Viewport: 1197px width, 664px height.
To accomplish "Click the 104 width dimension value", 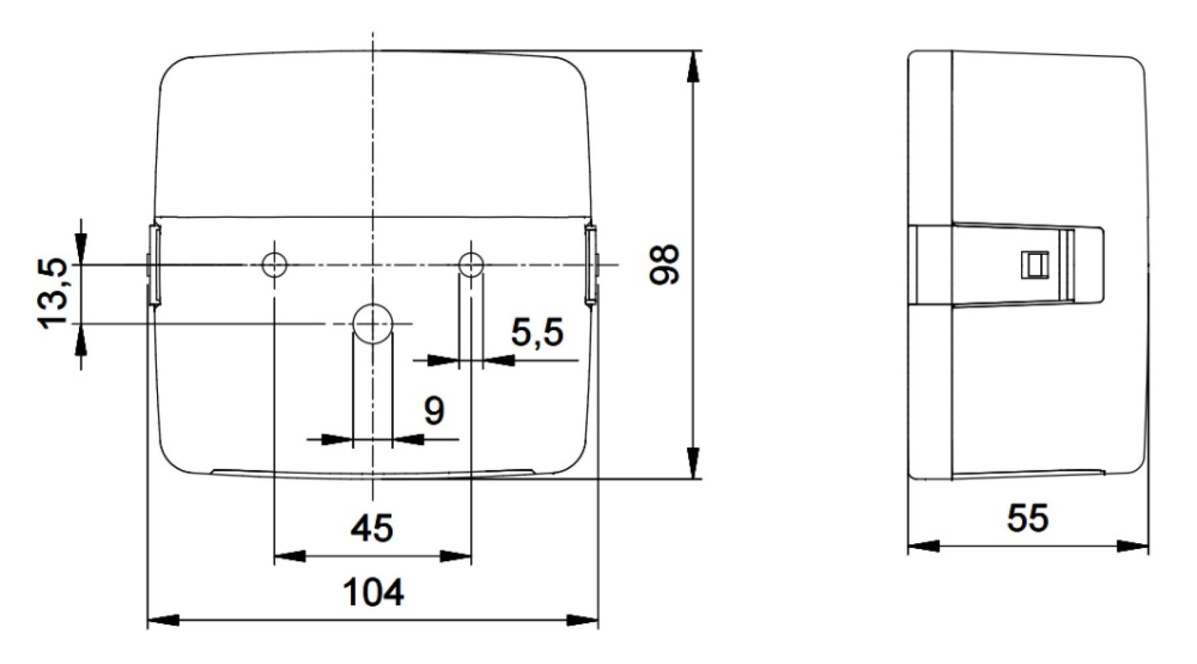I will (x=373, y=592).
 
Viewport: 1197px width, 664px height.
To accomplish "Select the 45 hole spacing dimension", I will (x=372, y=529).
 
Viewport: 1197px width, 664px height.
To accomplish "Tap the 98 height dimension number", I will (x=665, y=264).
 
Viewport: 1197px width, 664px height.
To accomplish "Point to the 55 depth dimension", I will (x=1028, y=517).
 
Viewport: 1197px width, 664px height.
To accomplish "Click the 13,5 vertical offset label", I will (x=52, y=293).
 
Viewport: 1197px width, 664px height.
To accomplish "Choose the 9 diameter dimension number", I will (x=434, y=411).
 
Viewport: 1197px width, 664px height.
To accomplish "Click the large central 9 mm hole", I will (x=373, y=323).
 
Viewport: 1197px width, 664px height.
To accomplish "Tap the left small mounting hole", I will (x=274, y=265).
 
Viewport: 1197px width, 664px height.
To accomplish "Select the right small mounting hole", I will (x=471, y=265).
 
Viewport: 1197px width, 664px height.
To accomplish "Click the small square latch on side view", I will (x=1033, y=264).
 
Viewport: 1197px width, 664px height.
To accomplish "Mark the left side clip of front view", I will (x=153, y=264).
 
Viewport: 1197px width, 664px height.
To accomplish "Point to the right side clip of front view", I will (x=591, y=264).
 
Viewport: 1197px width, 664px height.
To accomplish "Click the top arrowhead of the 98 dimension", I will (x=693, y=66).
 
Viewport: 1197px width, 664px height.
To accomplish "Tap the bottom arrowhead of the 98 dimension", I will (x=693, y=463).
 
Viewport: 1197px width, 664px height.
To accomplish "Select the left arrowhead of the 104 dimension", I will (x=163, y=621).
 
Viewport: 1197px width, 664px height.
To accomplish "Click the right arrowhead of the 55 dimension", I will (x=1133, y=546).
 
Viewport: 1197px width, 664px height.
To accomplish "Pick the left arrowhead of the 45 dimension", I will (x=290, y=556).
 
